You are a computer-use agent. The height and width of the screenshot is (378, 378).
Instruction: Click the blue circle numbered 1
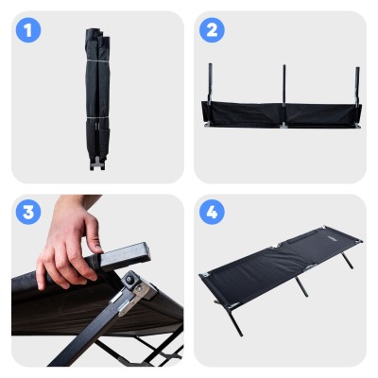tap(28, 30)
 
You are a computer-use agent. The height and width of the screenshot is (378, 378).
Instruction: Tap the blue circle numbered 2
tap(212, 30)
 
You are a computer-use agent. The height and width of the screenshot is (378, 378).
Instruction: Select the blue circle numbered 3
tap(28, 212)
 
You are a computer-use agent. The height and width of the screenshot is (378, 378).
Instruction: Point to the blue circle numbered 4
tap(212, 212)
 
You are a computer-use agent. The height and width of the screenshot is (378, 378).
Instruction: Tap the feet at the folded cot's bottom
tap(97, 163)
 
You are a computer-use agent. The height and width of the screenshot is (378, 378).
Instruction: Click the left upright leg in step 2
tap(210, 82)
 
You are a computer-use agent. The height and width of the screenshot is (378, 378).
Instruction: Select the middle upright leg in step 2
tap(284, 85)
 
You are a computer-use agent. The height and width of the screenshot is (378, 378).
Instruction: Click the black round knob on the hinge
tap(129, 279)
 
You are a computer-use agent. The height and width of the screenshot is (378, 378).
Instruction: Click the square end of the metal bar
tap(143, 252)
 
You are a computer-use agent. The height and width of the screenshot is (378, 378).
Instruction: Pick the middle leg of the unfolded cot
tap(301, 286)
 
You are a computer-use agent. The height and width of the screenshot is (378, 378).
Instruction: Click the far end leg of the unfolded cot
tap(348, 261)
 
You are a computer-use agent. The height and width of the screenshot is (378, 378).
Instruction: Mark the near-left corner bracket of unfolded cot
tap(206, 275)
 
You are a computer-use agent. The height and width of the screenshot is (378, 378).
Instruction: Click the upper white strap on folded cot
tap(97, 60)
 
